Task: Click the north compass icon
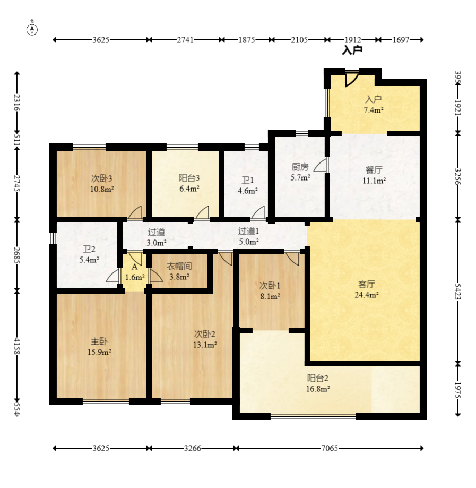(32, 30)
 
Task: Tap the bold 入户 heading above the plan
(352, 50)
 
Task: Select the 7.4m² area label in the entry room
(374, 110)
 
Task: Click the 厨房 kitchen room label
(300, 167)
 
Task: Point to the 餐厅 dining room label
(374, 170)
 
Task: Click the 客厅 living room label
(367, 284)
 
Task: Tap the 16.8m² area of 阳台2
(318, 389)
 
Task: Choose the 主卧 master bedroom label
(99, 341)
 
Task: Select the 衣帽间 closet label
(179, 266)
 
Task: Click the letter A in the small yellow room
(134, 267)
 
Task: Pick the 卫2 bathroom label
(89, 249)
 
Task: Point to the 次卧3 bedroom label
(101, 178)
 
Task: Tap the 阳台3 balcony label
(189, 178)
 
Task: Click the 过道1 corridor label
(248, 231)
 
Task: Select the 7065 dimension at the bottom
(330, 448)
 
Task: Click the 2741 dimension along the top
(185, 40)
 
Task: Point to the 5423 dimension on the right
(457, 292)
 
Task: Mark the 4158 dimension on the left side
(17, 346)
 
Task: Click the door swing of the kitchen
(320, 165)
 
